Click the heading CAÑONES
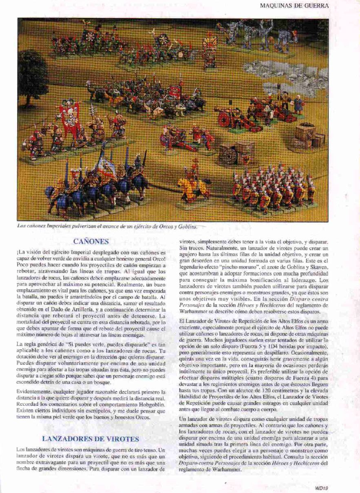click(x=91, y=241)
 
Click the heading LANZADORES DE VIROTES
click(x=91, y=439)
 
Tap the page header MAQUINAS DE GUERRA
click(x=294, y=6)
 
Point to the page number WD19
click(x=322, y=486)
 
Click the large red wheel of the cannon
click(x=224, y=119)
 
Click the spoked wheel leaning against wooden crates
click(x=229, y=154)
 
